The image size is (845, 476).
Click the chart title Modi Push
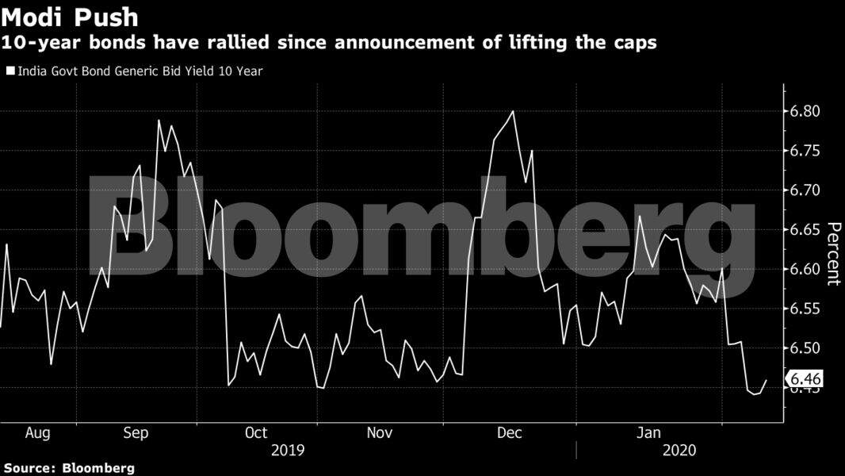pos(71,17)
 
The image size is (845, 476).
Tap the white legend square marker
pos(10,71)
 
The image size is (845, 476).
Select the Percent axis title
pos(833,253)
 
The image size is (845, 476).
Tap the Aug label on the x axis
pos(38,433)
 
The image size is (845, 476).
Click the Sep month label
pos(136,433)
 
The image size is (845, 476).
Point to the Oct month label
pos(256,433)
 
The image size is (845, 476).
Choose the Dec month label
pos(508,433)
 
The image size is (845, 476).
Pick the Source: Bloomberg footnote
pos(68,468)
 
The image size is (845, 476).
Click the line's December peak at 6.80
pos(514,111)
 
